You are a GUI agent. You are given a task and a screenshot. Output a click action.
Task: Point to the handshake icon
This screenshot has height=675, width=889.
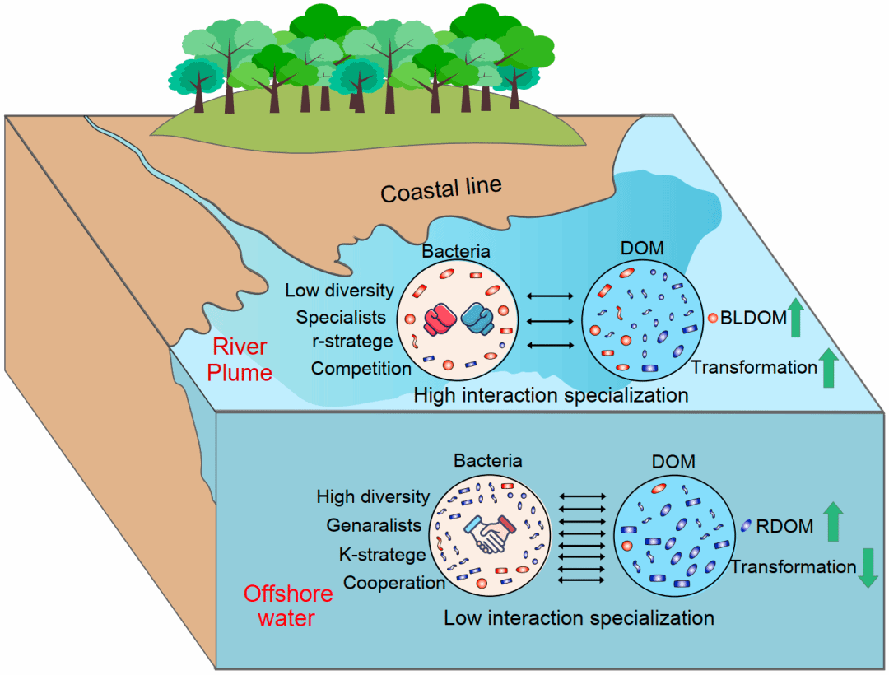(491, 536)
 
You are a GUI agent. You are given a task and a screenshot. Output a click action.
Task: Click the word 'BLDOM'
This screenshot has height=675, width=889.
(753, 319)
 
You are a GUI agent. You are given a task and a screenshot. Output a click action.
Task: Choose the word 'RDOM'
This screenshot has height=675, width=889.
(784, 527)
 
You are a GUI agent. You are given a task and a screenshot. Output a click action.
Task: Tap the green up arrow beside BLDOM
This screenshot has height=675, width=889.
(795, 319)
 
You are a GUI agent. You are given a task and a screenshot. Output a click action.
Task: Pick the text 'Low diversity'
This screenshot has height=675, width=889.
(340, 291)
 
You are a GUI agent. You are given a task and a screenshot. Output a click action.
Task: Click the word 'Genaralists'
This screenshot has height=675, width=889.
(374, 525)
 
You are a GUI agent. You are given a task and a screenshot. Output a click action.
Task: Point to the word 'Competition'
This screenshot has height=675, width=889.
(361, 368)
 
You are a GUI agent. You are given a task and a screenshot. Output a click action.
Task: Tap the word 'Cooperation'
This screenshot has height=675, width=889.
(394, 583)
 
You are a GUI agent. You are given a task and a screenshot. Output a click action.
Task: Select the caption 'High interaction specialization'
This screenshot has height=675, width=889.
(551, 395)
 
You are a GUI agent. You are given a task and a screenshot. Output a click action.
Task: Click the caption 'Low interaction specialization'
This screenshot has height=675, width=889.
(579, 617)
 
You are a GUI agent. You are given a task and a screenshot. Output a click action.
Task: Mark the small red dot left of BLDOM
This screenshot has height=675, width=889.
(711, 318)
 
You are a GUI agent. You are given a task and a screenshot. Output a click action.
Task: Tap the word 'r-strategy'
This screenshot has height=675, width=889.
(352, 342)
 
